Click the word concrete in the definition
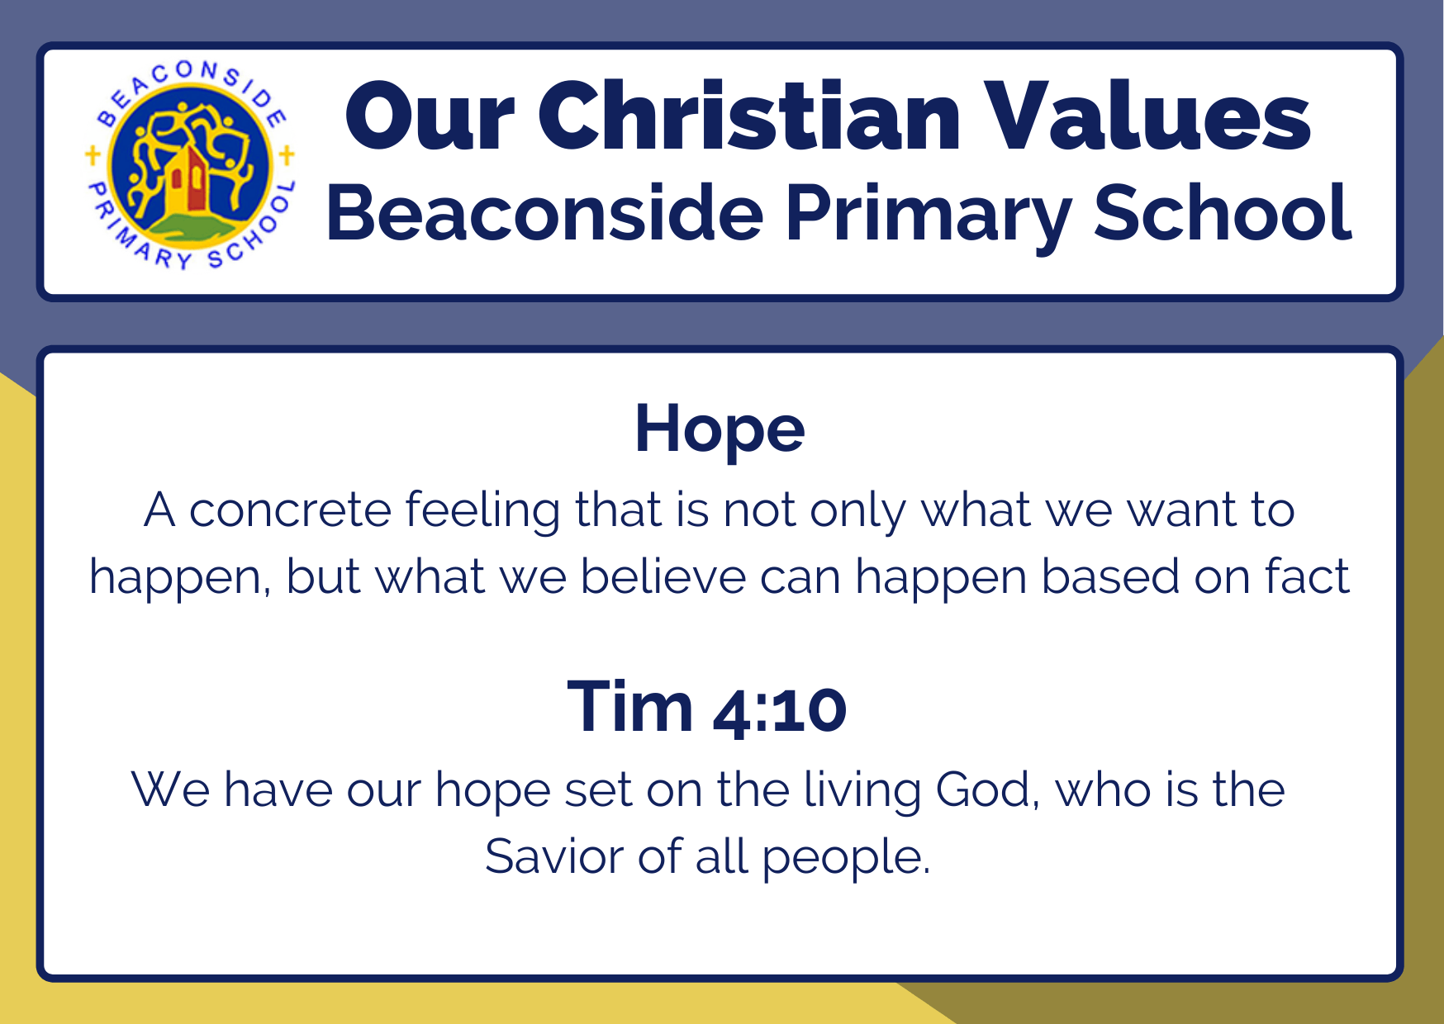pos(290,510)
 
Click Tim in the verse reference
pos(630,707)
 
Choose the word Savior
pos(553,856)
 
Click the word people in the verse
pos(845,860)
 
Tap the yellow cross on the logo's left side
pos(93,154)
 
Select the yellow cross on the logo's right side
pos(287,154)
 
